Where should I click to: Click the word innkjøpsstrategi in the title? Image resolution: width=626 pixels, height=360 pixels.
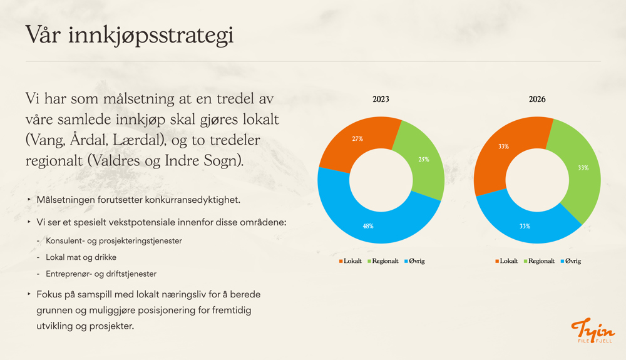(x=150, y=35)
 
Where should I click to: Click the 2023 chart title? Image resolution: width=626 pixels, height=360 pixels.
(x=381, y=100)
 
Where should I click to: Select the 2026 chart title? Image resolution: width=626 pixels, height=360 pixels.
(x=537, y=100)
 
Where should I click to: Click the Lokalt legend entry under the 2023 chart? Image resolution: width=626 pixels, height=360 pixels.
(x=350, y=261)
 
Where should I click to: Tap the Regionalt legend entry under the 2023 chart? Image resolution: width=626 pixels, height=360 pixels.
(x=383, y=261)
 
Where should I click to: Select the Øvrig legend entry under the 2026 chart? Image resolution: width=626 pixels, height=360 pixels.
(x=570, y=261)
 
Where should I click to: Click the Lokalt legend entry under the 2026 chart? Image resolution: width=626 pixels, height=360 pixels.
(x=506, y=261)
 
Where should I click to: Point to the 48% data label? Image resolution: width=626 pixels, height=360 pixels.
(x=368, y=226)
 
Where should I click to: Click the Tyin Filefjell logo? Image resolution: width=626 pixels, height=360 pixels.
(x=593, y=331)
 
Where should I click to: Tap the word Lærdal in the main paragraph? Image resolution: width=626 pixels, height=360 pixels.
(x=139, y=140)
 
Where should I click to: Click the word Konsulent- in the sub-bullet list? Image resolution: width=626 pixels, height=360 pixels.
(x=65, y=240)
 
